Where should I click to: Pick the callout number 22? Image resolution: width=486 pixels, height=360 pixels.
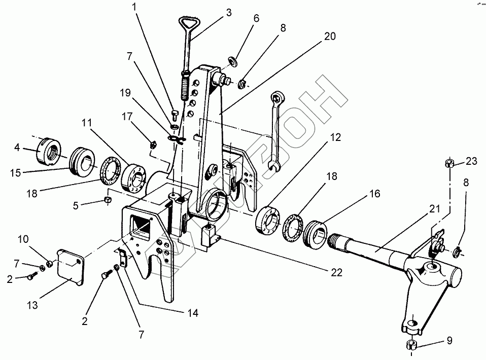336,273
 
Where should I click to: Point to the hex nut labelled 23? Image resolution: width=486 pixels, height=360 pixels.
449,163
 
